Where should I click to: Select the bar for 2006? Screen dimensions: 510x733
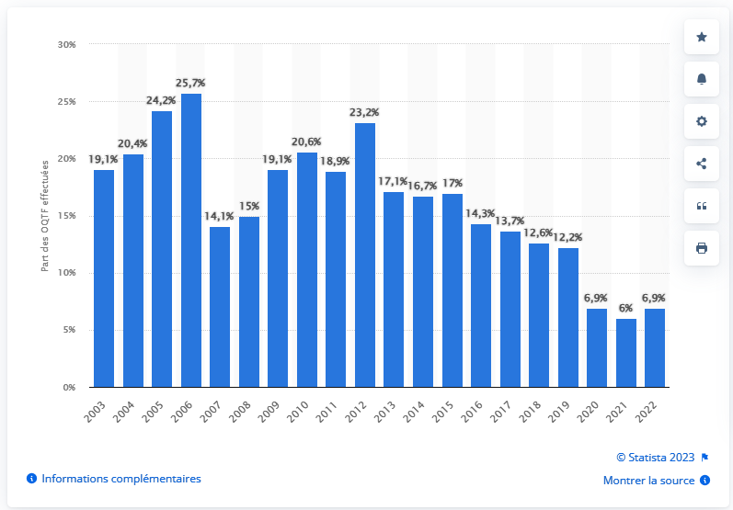191,241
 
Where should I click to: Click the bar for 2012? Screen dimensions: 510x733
364,255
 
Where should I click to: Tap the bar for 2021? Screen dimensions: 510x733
624,353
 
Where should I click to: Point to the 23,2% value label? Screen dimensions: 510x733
364,112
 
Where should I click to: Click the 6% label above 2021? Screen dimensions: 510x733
624,309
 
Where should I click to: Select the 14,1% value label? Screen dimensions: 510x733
220,216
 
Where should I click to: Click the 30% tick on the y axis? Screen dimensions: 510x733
66,44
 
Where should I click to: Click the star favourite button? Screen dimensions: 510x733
702,37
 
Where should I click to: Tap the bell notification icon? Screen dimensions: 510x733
702,79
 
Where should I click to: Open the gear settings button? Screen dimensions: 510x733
702,121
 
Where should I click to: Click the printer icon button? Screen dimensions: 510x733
702,248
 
